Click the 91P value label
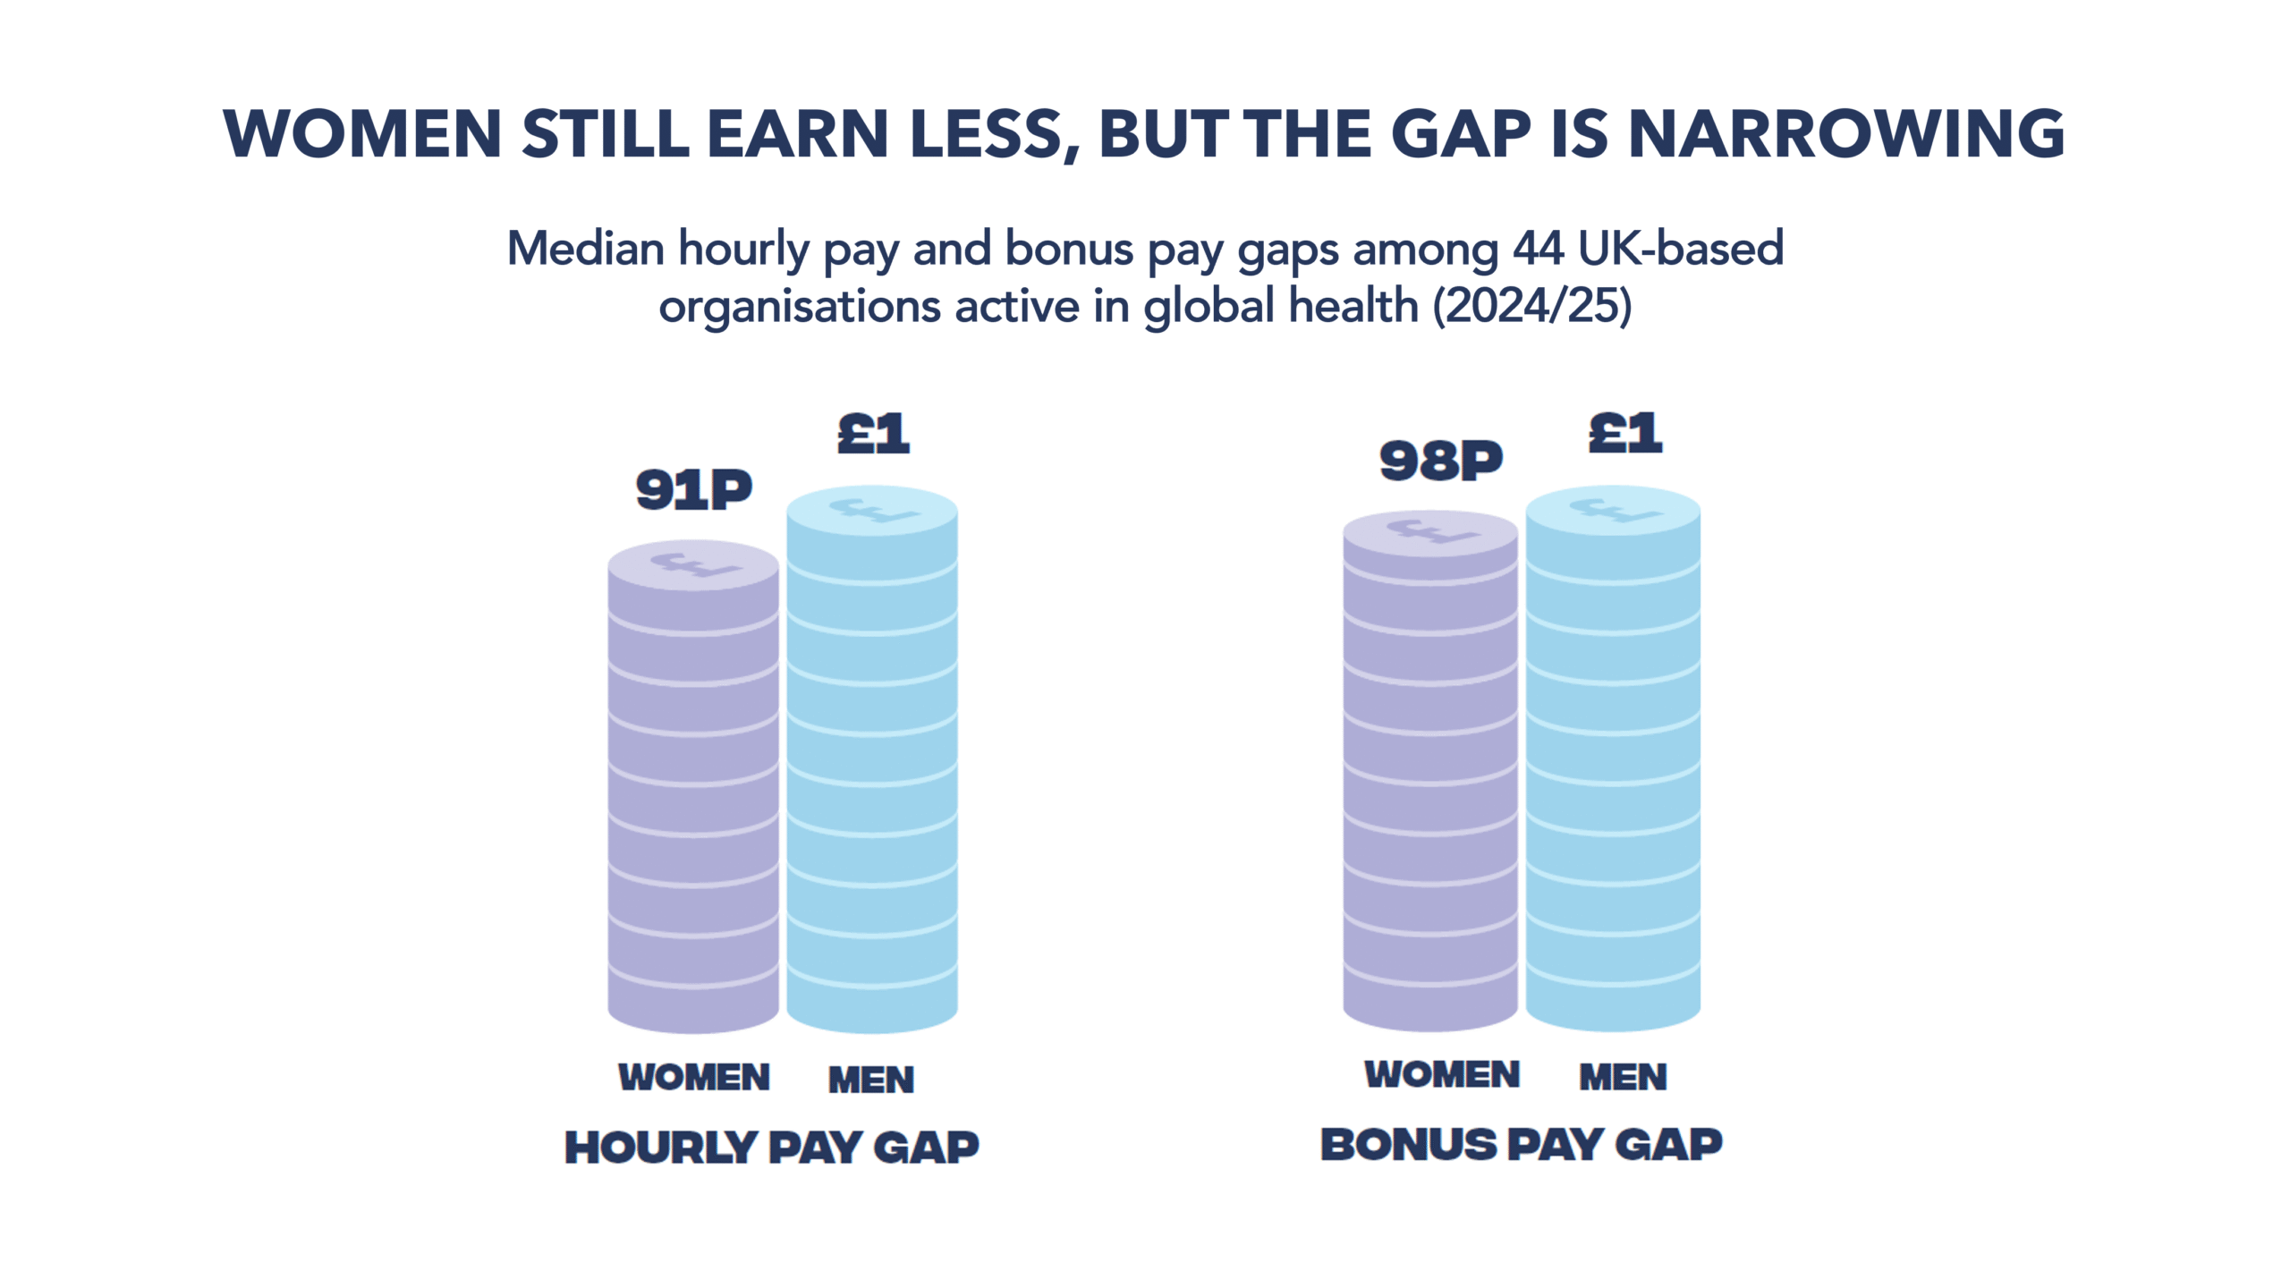(x=693, y=489)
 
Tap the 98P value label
(x=1440, y=461)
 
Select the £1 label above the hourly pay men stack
(x=873, y=434)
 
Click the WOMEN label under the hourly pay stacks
(x=694, y=1077)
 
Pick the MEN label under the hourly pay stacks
(x=871, y=1080)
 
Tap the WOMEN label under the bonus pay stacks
(x=1442, y=1074)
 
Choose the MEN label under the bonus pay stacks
(x=1624, y=1076)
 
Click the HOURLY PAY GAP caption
(x=772, y=1148)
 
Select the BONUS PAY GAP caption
(x=1522, y=1144)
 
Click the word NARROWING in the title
(x=1846, y=134)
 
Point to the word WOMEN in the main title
(x=362, y=134)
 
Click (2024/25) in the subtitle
(x=1532, y=306)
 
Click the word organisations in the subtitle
(x=800, y=307)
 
